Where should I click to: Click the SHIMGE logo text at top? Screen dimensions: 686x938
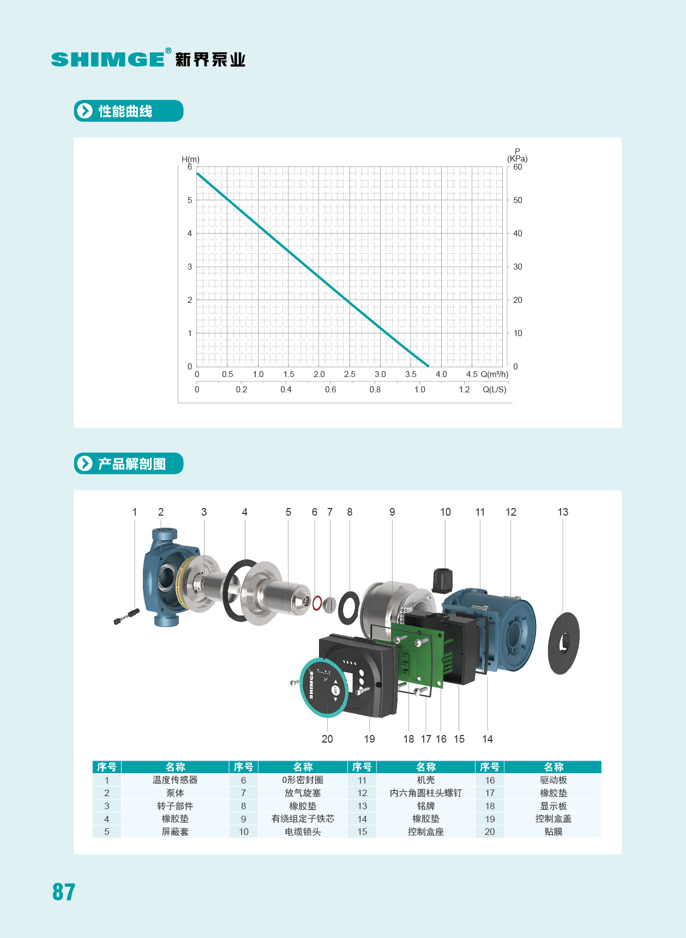(108, 59)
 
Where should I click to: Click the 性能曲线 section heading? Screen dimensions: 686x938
(125, 111)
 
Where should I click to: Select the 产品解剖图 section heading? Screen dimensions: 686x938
(132, 464)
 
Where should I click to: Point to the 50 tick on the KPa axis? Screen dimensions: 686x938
(517, 200)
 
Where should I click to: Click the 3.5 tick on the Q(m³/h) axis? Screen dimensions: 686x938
(411, 374)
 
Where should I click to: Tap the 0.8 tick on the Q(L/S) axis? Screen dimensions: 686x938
(375, 390)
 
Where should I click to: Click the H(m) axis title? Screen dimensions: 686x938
(190, 159)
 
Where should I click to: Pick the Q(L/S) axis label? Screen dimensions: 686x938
(495, 390)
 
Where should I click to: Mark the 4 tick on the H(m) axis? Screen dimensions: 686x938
(190, 234)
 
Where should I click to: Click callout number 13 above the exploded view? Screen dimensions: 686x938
(563, 512)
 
